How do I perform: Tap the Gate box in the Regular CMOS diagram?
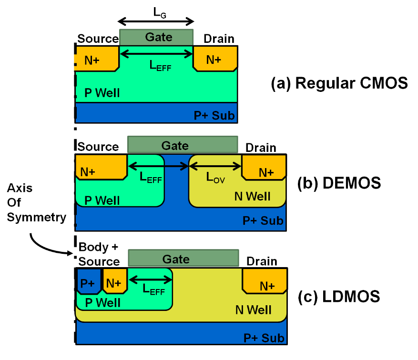tap(156, 37)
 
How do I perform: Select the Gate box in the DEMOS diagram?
tap(183, 145)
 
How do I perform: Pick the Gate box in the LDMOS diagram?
tap(184, 259)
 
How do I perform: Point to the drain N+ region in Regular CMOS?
tap(214, 59)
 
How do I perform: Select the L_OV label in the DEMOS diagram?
tap(215, 177)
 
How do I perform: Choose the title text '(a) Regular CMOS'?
tap(339, 84)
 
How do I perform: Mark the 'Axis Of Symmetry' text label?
tap(36, 202)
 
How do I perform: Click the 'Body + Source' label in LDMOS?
tap(99, 254)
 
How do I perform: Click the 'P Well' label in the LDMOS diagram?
tap(102, 303)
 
